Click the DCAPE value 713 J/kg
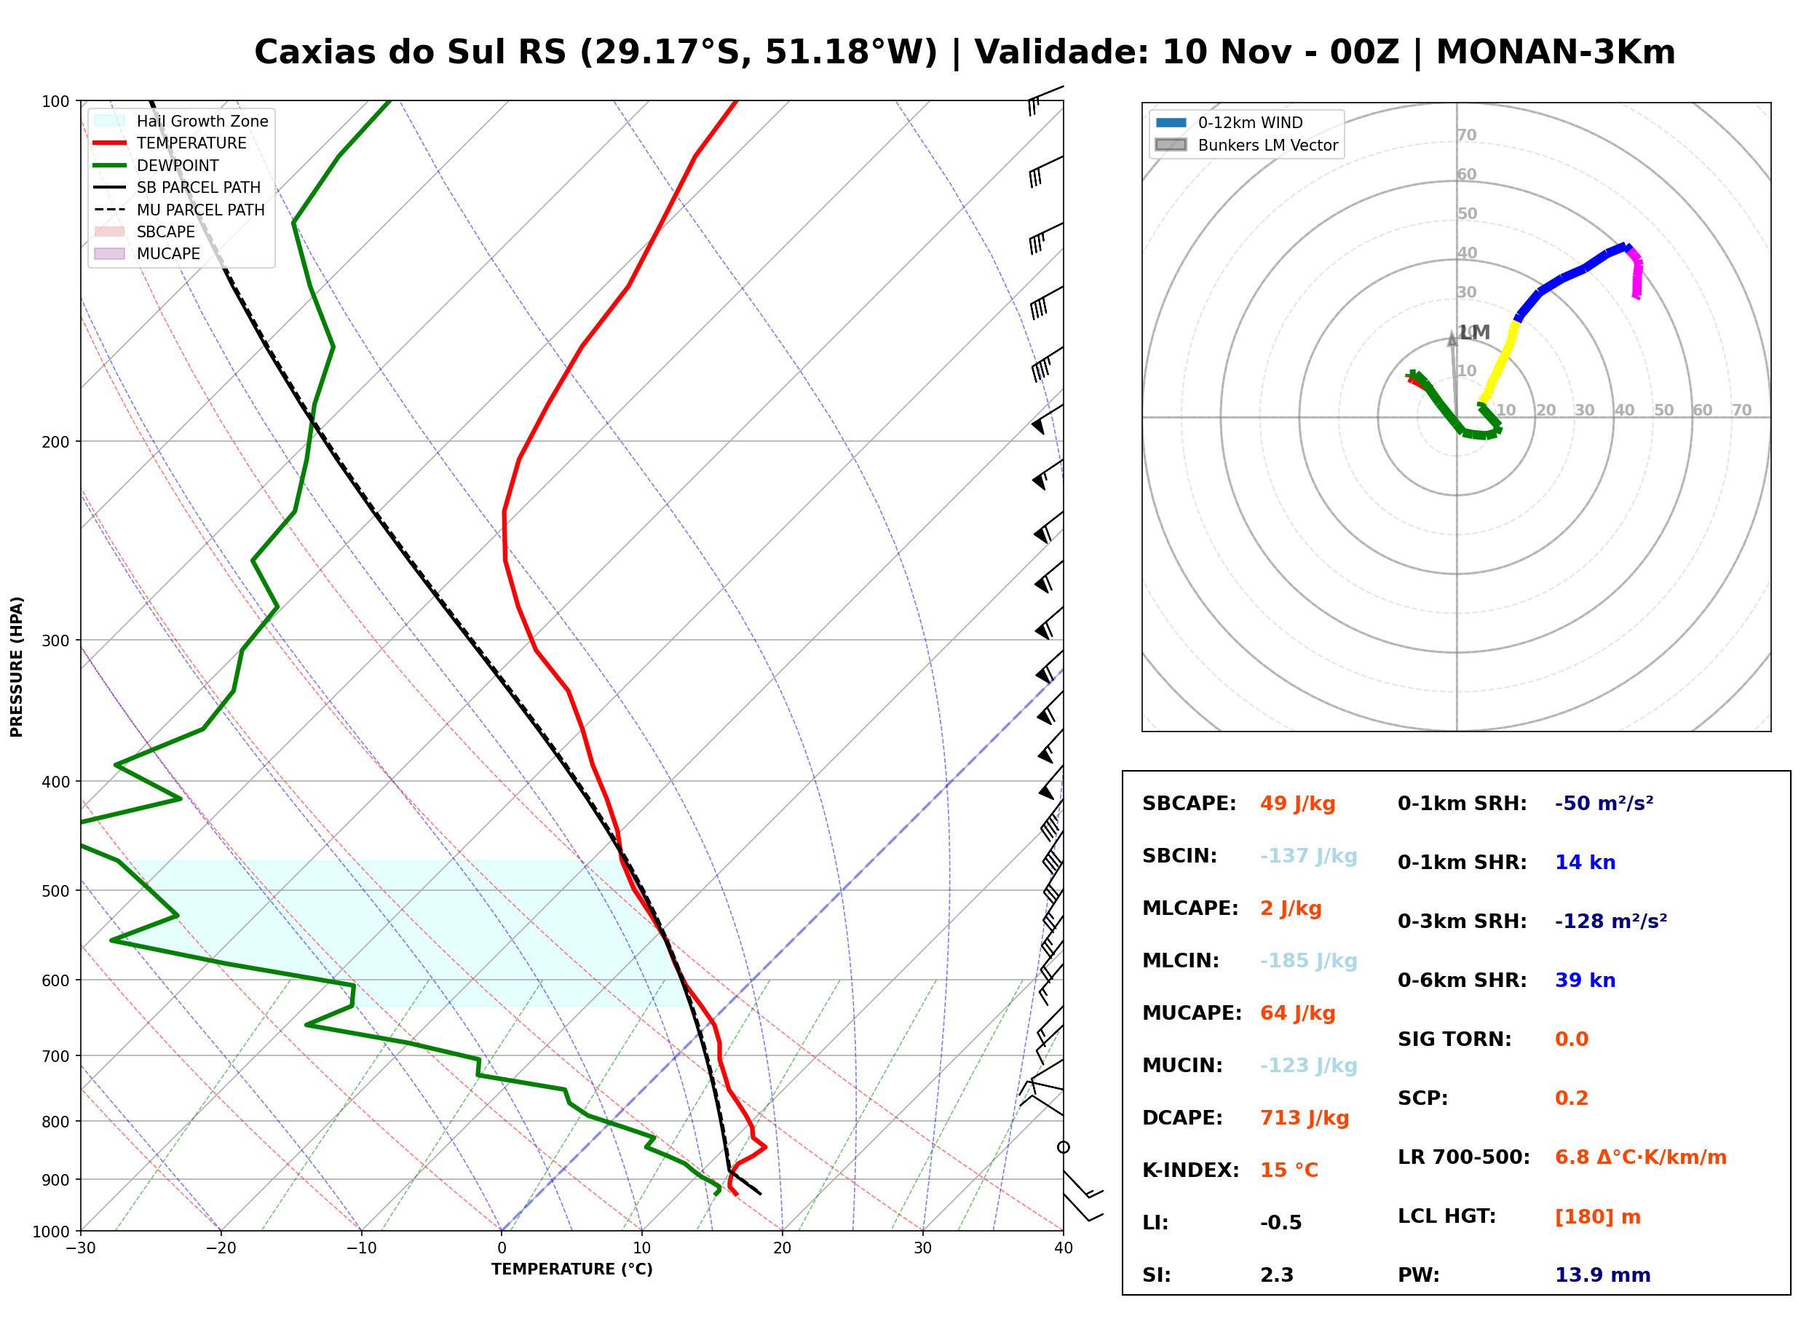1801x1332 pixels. [1305, 1118]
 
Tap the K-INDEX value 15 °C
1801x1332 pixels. [1289, 1170]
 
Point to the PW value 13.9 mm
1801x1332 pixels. [1603, 1275]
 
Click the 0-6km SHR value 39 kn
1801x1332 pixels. [1585, 980]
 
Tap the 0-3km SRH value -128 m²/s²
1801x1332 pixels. [1611, 921]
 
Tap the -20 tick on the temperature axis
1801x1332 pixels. [221, 1248]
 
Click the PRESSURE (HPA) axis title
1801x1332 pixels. [17, 667]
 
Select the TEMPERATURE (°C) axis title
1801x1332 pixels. [572, 1270]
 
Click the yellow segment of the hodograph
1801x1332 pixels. [1500, 362]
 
